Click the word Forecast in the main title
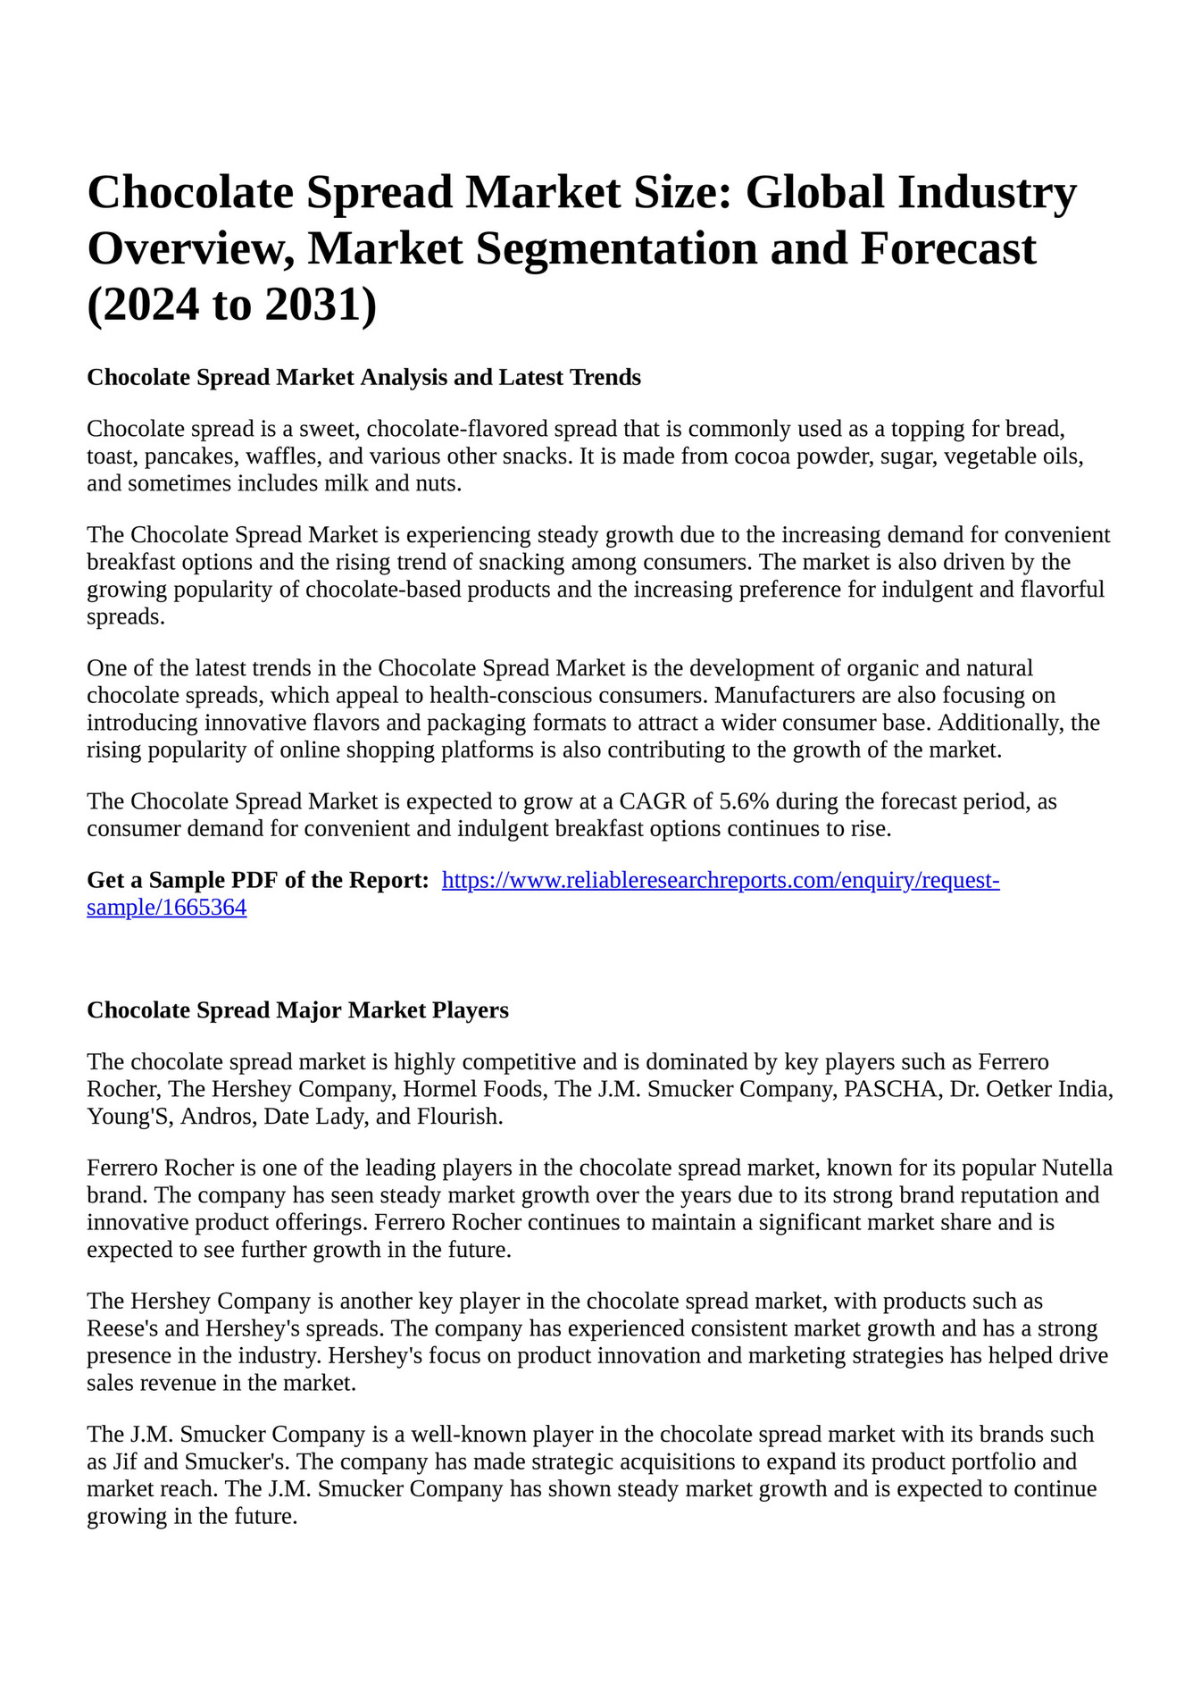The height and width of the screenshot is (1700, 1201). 947,248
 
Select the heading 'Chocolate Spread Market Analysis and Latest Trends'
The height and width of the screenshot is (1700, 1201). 363,377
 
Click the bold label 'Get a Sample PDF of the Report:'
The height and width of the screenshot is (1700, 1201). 258,881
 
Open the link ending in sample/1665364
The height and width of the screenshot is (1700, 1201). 166,909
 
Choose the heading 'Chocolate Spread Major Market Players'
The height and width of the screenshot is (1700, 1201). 297,1010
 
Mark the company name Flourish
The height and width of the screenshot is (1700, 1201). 466,1117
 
